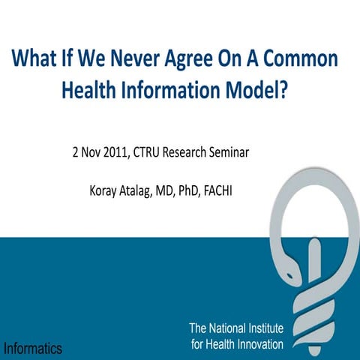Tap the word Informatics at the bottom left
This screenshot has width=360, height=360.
[x=32, y=348]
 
